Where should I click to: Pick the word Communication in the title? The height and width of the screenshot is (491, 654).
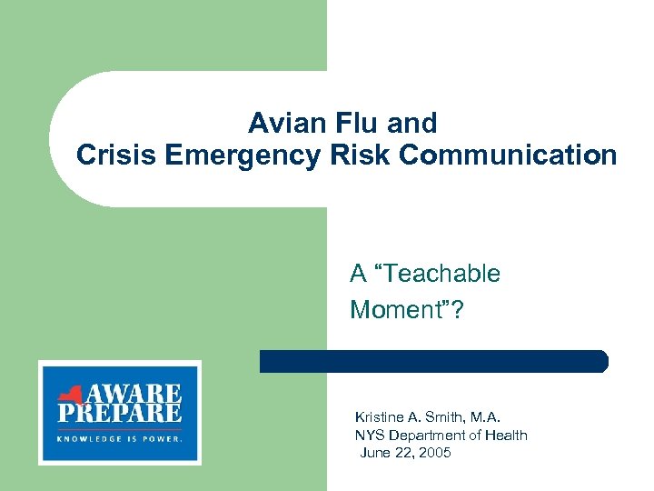[508, 155]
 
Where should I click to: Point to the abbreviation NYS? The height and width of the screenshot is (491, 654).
[369, 435]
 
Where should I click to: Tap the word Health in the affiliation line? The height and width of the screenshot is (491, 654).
[506, 435]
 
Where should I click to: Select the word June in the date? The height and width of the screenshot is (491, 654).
[376, 452]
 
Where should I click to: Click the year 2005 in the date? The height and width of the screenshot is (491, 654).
[433, 452]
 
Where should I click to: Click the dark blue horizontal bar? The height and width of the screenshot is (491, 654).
[433, 361]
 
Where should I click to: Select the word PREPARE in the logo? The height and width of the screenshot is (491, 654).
[119, 415]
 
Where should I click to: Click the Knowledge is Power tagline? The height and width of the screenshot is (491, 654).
[119, 437]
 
